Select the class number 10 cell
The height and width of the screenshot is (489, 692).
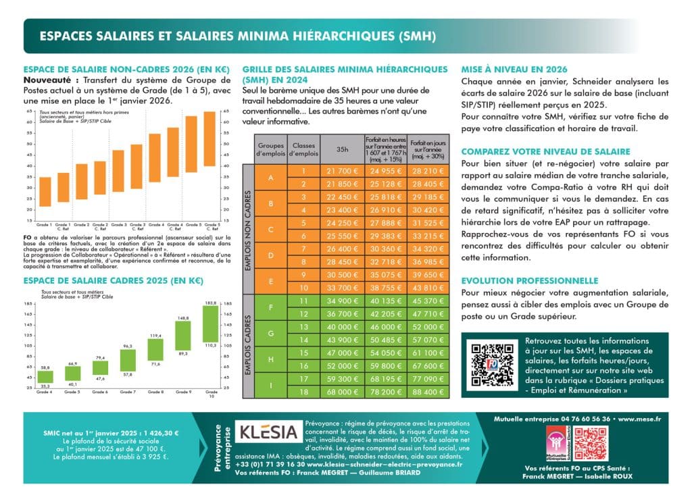304,286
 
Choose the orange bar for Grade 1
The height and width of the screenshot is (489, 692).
45,191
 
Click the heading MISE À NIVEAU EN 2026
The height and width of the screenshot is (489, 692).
514,70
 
